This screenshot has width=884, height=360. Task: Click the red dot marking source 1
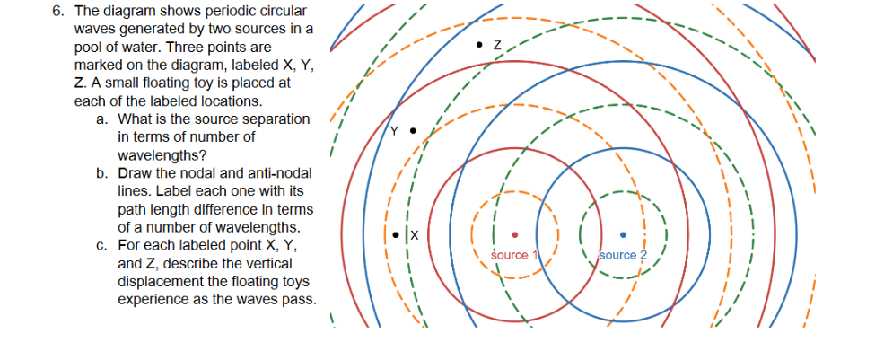coord(514,235)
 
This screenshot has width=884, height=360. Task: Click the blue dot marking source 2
coord(624,235)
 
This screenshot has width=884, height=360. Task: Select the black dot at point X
coord(397,234)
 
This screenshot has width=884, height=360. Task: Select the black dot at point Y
coord(413,131)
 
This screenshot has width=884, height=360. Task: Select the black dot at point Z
coord(481,42)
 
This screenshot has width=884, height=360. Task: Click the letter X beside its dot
coord(415,235)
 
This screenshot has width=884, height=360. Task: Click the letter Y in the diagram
coord(393,131)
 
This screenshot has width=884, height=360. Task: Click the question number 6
coord(56,12)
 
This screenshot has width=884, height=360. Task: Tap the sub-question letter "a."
coord(101,119)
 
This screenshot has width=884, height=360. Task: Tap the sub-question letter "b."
coord(101,172)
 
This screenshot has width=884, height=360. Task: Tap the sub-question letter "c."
coord(101,245)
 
